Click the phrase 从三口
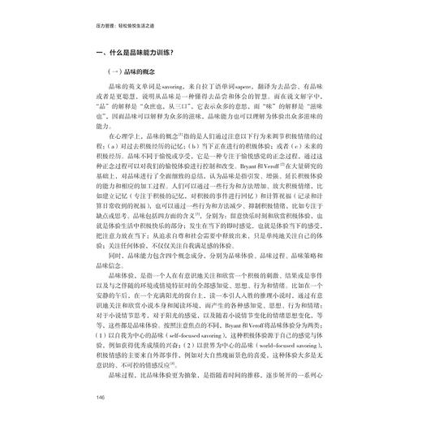coord(202,116)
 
